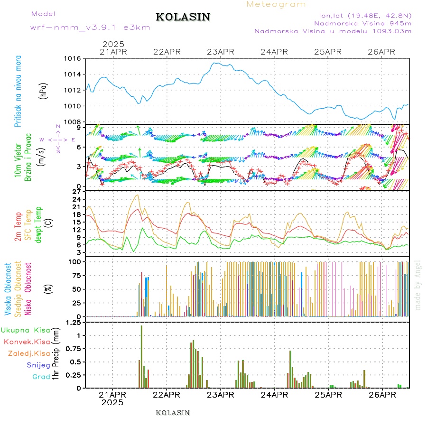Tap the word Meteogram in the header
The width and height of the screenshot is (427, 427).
coord(276,4)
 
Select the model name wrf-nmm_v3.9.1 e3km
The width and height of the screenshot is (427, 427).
coord(90,28)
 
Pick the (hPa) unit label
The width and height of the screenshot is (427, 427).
coord(43,91)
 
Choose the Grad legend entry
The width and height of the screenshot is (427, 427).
coord(41,377)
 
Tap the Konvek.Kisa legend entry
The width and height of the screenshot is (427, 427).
coord(27,342)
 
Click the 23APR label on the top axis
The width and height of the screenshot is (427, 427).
coord(221,52)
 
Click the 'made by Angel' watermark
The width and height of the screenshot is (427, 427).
coord(418,285)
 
